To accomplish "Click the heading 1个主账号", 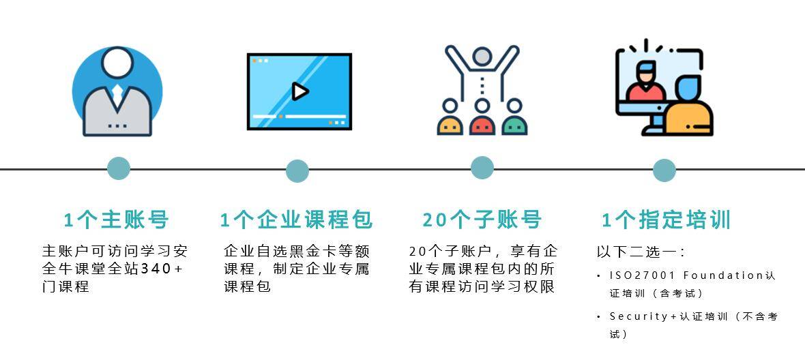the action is [x=116, y=220].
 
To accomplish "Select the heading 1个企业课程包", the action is [x=296, y=220].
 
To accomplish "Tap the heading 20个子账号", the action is [x=482, y=220].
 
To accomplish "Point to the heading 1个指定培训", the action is [x=666, y=220].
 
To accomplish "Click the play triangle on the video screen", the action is [x=299, y=92].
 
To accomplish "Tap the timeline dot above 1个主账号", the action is [x=119, y=168].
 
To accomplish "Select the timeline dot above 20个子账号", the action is [x=482, y=168].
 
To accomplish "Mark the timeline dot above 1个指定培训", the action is [x=664, y=170].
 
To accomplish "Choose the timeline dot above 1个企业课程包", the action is [x=297, y=170].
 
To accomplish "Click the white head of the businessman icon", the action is [x=117, y=63].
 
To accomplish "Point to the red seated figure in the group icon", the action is [x=482, y=119].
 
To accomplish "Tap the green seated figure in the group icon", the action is [x=514, y=119].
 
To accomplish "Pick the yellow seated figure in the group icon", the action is [x=450, y=119].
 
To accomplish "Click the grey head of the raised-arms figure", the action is [x=482, y=57].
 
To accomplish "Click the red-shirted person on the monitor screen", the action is [x=646, y=82].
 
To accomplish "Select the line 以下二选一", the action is [x=640, y=252].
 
